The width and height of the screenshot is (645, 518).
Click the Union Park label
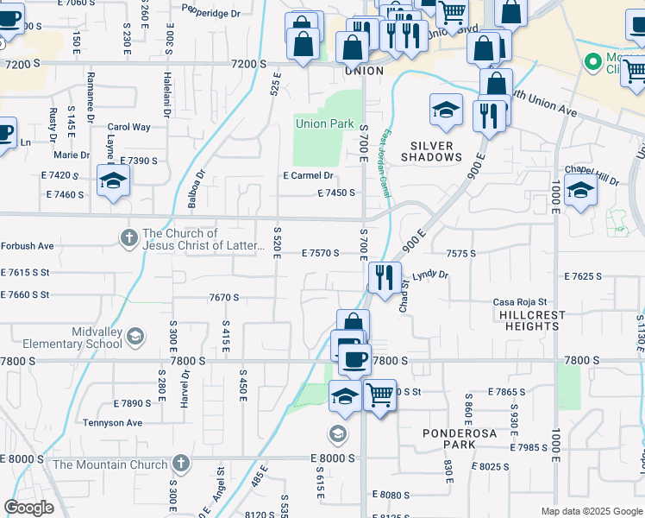coord(324,123)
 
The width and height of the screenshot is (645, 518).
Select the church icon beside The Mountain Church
coord(179,464)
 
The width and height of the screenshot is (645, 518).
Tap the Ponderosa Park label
coord(448,438)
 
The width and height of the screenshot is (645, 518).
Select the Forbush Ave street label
coord(27,246)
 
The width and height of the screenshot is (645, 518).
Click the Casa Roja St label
coord(520,301)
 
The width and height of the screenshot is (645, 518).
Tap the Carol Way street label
coord(129,127)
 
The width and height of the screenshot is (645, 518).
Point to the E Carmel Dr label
coord(308,175)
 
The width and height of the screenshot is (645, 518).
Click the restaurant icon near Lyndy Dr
coord(384,277)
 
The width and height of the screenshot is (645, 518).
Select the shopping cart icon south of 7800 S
coord(379,395)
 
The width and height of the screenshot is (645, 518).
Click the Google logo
coord(29,508)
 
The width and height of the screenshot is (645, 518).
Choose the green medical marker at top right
coord(592,62)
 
